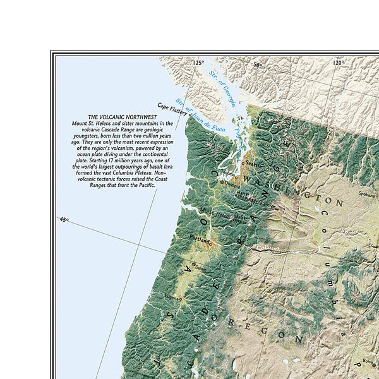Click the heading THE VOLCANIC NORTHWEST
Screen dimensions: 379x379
pyautogui.click(x=119, y=117)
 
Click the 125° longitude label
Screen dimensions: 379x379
pyautogui.click(x=199, y=63)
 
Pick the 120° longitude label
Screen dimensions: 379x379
pyautogui.click(x=339, y=63)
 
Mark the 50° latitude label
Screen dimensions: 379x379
pyautogui.click(x=257, y=64)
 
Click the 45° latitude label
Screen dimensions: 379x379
pyautogui.click(x=64, y=219)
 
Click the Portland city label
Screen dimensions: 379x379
pyautogui.click(x=200, y=238)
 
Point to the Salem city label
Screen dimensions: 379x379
pyautogui.click(x=201, y=267)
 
